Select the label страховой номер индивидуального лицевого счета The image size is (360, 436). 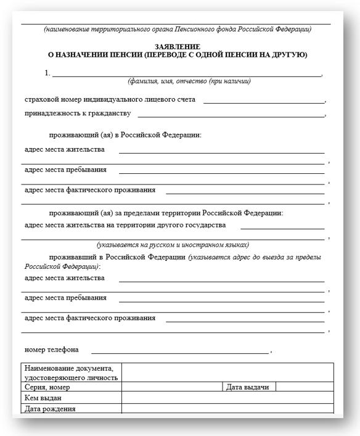(110, 99)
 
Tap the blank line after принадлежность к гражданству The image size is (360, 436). (231, 115)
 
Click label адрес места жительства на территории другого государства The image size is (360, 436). (125, 225)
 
